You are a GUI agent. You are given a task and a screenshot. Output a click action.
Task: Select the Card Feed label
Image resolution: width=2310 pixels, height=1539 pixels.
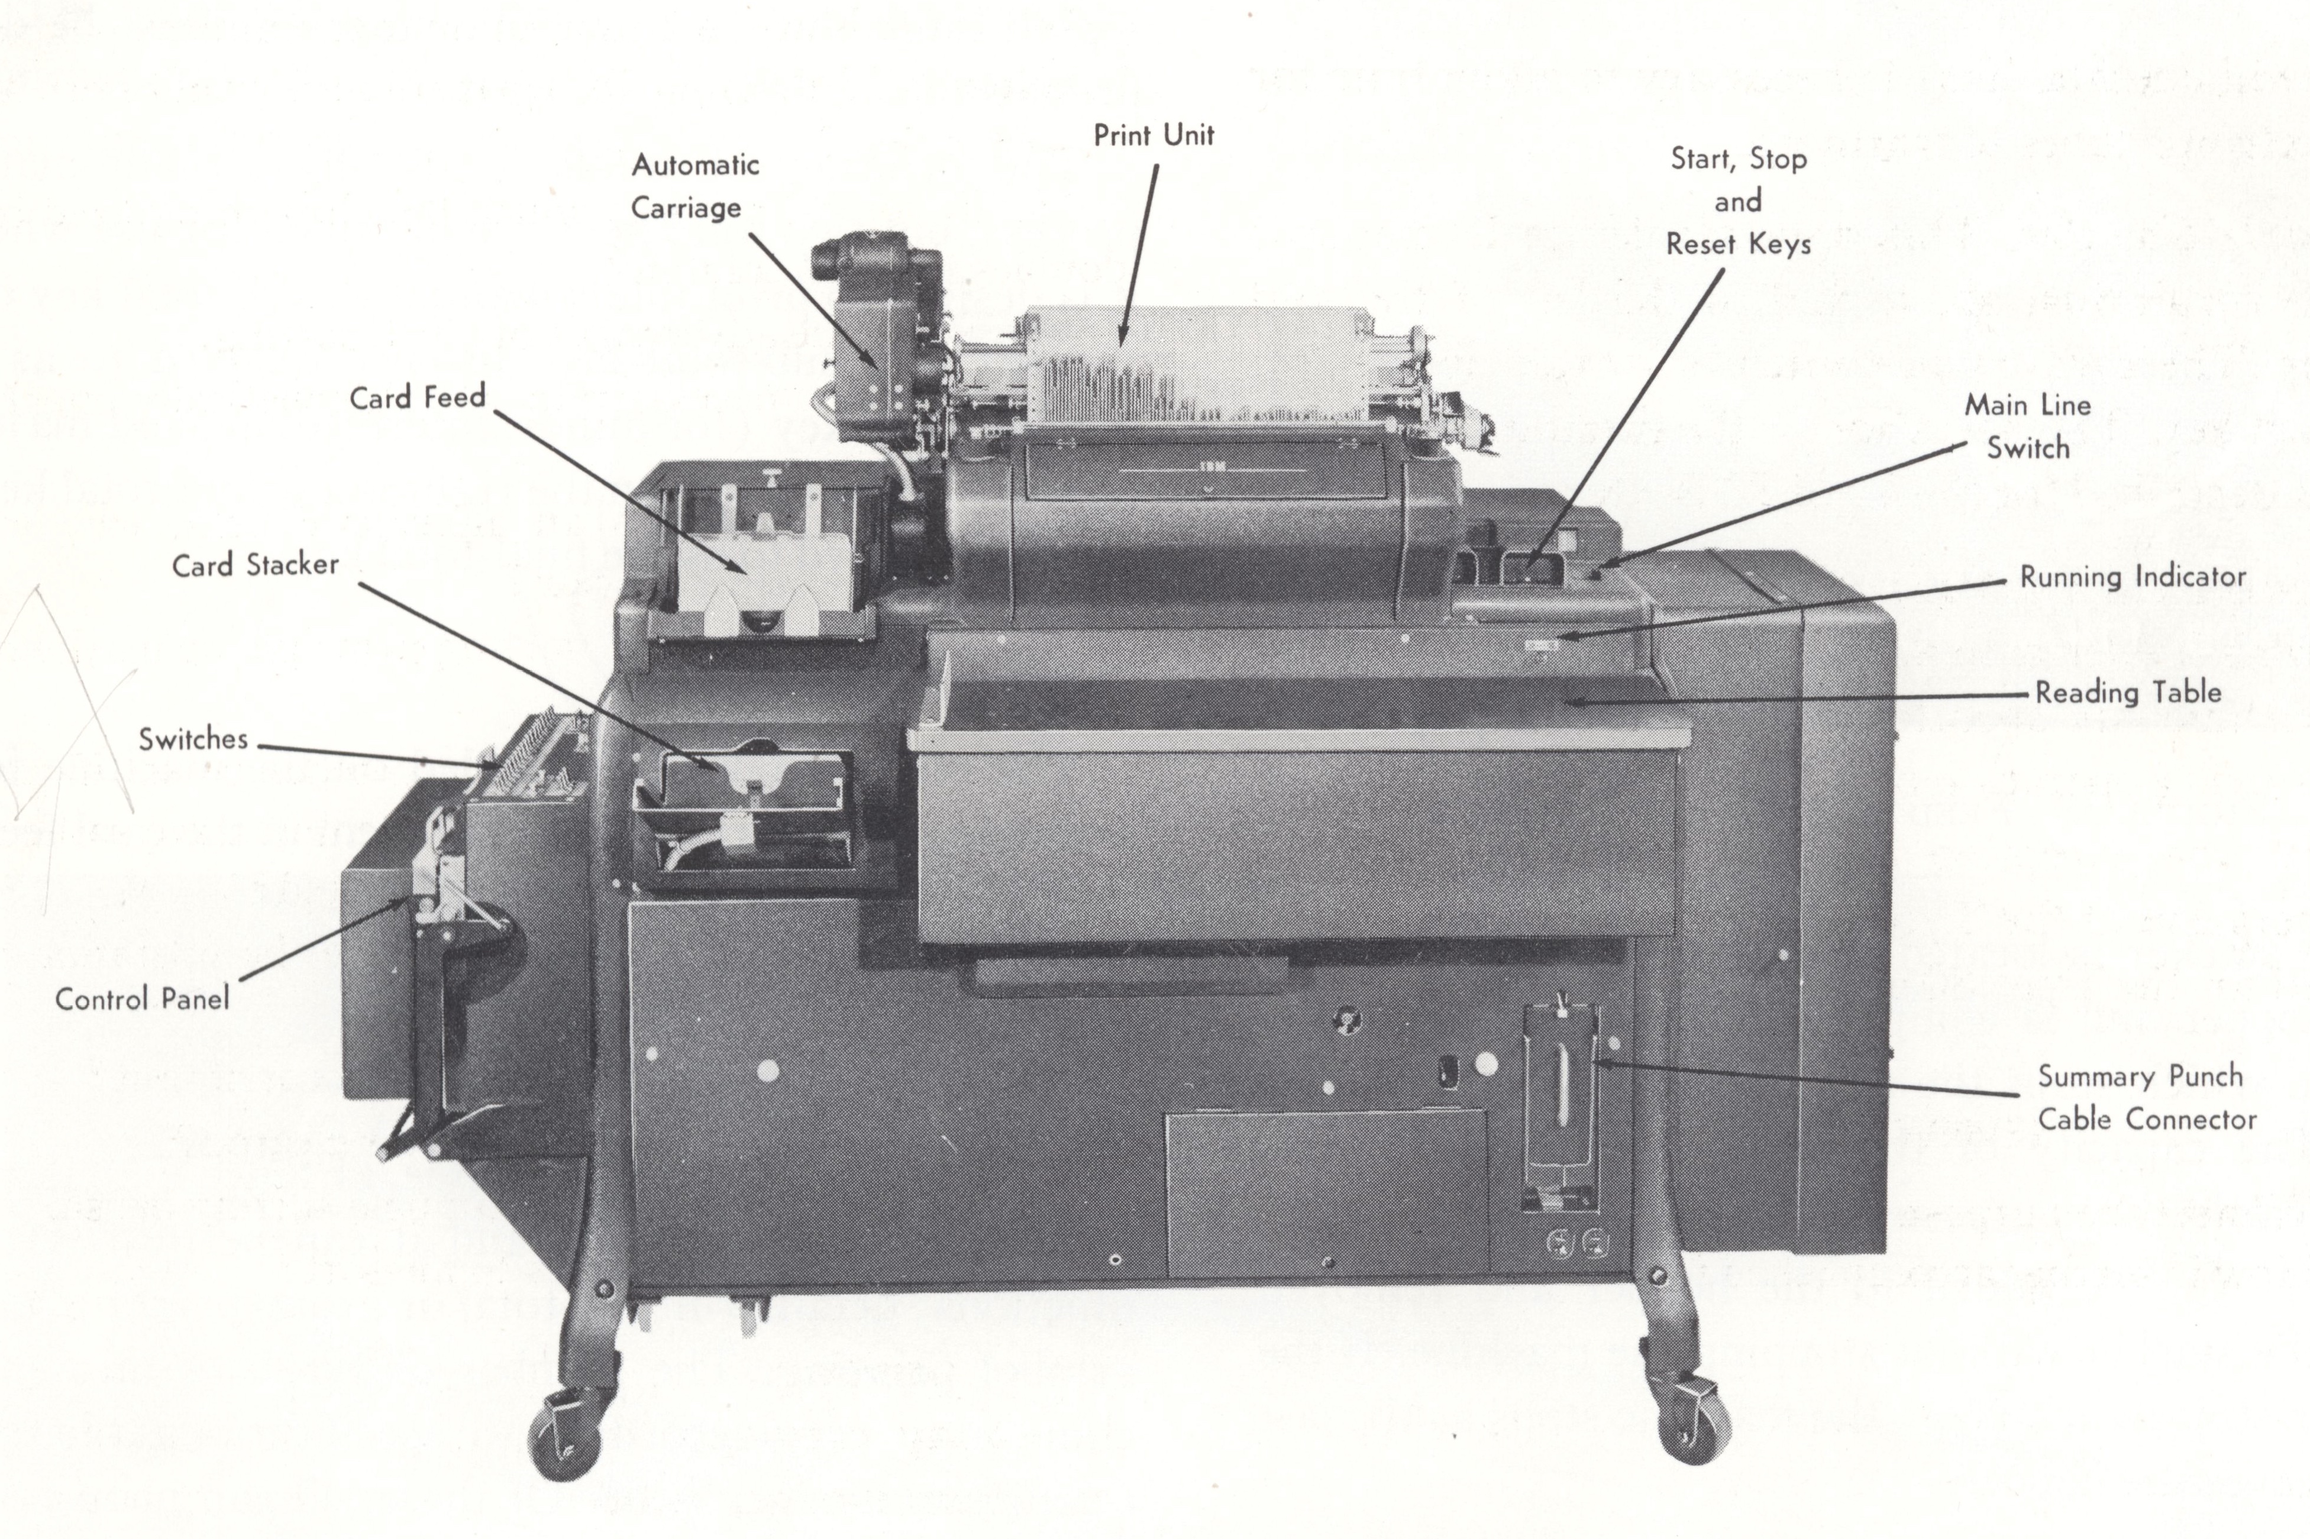pyautogui.click(x=417, y=397)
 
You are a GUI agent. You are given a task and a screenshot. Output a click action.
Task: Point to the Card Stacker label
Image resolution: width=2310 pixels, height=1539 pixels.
pyautogui.click(x=255, y=565)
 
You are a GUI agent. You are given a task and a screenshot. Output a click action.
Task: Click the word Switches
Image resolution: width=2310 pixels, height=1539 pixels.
pyautogui.click(x=193, y=739)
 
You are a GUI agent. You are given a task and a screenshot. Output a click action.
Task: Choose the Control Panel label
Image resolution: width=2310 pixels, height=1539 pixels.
pyautogui.click(x=143, y=999)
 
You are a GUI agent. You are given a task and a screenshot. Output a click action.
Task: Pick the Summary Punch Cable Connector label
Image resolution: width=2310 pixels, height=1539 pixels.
pyautogui.click(x=2146, y=1097)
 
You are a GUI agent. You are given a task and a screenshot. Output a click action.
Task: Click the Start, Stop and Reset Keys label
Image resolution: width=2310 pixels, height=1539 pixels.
pyautogui.click(x=1737, y=201)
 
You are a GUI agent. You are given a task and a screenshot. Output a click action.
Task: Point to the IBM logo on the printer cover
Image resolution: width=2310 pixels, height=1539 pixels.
pyautogui.click(x=1213, y=469)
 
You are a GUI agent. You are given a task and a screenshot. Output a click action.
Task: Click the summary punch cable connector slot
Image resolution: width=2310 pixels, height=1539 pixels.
pyautogui.click(x=1561, y=1089)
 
